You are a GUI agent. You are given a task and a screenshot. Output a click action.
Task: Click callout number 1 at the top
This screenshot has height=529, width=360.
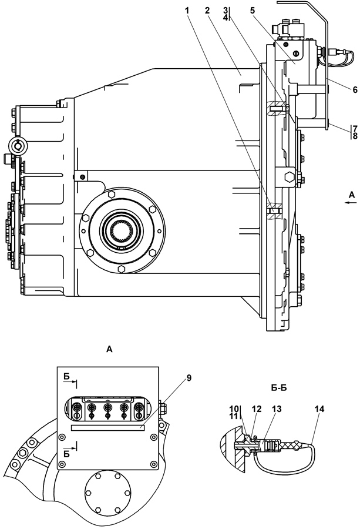tap(187, 11)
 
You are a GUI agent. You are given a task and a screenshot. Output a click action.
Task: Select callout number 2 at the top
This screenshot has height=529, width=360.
tap(207, 11)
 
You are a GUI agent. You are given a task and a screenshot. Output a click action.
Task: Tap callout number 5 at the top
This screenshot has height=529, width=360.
tap(253, 11)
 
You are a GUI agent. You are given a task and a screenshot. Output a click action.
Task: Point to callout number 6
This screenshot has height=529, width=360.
tap(355, 90)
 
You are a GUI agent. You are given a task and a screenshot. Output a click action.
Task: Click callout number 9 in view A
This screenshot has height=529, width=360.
tap(189, 378)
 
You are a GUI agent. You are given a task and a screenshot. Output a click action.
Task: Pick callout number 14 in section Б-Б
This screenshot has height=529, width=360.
tap(319, 409)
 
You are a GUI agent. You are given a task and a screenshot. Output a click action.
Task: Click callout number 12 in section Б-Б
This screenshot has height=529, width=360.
tap(257, 409)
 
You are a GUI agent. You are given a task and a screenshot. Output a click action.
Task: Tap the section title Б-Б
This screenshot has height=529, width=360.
tap(278, 388)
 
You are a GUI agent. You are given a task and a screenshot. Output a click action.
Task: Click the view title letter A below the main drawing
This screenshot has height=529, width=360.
tap(109, 349)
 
